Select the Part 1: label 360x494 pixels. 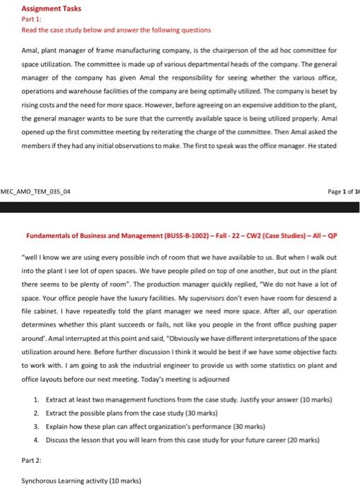[32, 20]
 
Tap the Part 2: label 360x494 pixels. [32, 459]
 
